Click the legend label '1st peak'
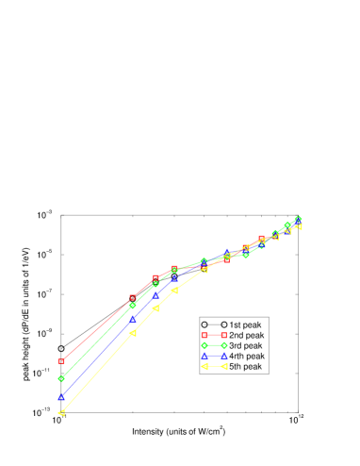[246, 325]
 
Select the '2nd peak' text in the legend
[247, 335]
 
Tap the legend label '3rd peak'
[246, 345]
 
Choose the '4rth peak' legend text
[247, 356]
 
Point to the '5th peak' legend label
[246, 366]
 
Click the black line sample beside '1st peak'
[214, 325]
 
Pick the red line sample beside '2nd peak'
[214, 335]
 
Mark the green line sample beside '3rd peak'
[214, 345]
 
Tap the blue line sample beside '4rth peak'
[214, 356]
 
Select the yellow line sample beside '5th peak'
[214, 366]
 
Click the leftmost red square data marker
[61, 360]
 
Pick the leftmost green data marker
[61, 378]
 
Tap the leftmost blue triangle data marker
[61, 397]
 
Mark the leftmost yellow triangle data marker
[61, 413]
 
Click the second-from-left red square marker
[133, 298]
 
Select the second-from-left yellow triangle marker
[133, 333]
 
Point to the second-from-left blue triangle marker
[133, 318]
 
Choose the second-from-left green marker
[133, 306]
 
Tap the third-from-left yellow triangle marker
[155, 308]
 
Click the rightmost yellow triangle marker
[300, 226]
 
